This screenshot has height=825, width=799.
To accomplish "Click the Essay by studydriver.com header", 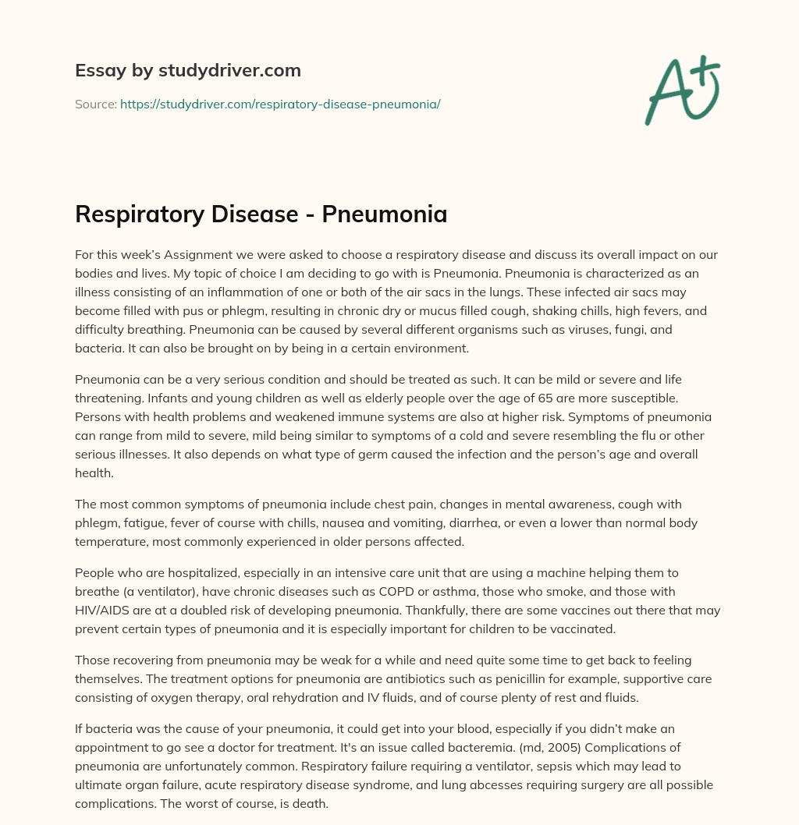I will (x=187, y=70).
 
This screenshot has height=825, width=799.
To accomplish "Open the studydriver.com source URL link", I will (x=280, y=104).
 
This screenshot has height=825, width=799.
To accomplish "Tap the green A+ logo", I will (x=681, y=90).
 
